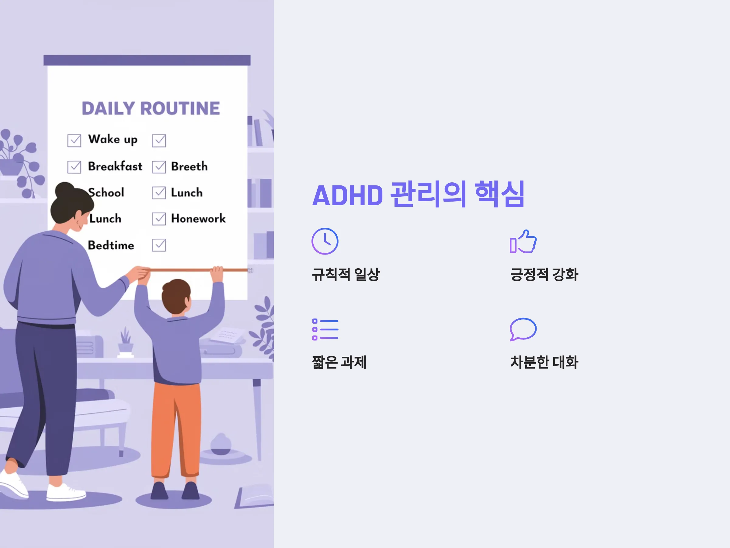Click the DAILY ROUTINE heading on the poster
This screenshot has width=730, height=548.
151,108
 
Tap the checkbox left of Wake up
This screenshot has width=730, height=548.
74,140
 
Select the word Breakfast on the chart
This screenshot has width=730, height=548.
115,166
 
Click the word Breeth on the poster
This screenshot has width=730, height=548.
189,166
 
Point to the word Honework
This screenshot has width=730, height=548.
198,218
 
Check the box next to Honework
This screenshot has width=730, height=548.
159,219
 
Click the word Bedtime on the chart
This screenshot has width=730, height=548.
111,245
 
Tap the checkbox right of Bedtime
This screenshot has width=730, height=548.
159,245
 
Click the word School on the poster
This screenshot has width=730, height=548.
106,192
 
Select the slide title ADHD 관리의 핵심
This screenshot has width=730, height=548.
419,195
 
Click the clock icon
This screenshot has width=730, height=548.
325,241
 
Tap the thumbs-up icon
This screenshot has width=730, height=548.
523,241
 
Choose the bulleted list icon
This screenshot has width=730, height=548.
325,329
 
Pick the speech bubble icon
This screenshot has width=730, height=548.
523,329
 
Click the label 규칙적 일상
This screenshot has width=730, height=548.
346,275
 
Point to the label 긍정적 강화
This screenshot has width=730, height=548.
544,275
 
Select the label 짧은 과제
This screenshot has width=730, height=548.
339,362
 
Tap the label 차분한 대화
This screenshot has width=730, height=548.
544,362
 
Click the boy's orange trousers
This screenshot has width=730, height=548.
176,429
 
